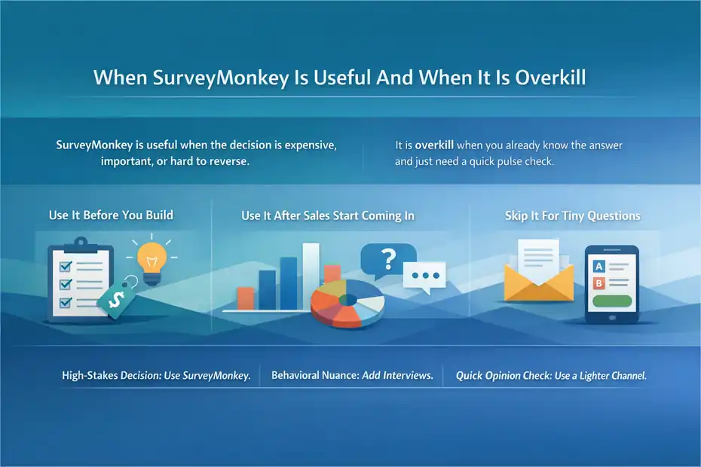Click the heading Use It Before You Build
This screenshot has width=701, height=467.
point(111,215)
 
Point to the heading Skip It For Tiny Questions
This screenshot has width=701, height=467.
point(572,215)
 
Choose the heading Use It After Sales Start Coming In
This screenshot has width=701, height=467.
point(327,215)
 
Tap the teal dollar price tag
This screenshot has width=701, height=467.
point(117,299)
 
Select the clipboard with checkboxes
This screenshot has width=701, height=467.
point(78,279)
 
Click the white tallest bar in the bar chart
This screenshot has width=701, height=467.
point(310,275)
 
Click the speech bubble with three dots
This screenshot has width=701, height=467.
point(424,276)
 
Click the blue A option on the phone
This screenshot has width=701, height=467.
point(600,266)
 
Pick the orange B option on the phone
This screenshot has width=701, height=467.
point(600,283)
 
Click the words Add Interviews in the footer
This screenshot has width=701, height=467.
point(397,375)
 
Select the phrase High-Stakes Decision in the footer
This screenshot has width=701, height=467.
point(108,375)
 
